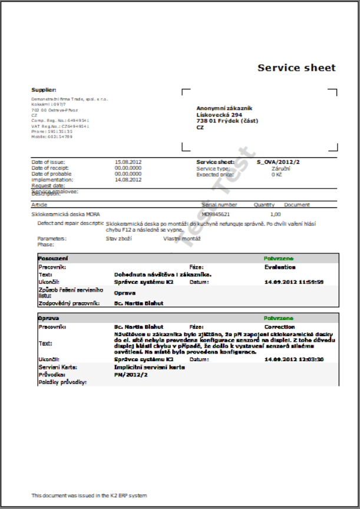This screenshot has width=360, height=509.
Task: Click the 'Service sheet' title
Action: coord(296,68)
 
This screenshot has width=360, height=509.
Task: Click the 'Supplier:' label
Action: coord(44,90)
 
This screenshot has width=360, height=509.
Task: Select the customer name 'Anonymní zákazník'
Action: coord(224,108)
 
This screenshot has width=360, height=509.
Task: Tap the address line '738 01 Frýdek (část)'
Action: coord(227,121)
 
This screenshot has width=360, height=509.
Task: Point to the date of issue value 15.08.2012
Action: coord(128,161)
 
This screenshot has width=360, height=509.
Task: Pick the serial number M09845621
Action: coord(216,215)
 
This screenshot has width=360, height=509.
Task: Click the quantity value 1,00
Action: coord(275,215)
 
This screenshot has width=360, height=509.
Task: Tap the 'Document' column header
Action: coord(297,205)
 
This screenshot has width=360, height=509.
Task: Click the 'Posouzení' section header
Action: coord(53,259)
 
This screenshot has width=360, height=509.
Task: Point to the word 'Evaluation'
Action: coord(280,267)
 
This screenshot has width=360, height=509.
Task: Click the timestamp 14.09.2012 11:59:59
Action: coord(294,282)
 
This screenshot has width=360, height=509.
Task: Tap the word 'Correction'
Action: coord(280,326)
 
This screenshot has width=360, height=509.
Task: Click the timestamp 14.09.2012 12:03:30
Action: coord(294,359)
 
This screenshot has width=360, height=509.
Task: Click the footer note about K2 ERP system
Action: coord(89,495)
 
